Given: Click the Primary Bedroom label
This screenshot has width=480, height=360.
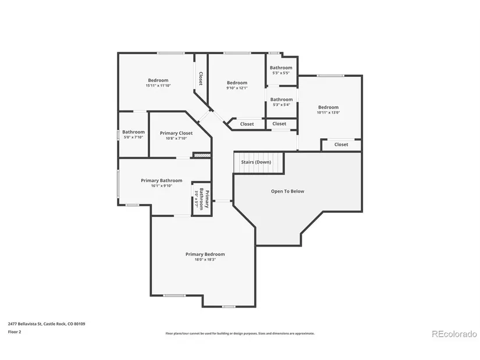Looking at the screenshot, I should click(205, 254).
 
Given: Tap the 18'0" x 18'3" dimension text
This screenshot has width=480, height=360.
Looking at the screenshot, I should click(205, 260).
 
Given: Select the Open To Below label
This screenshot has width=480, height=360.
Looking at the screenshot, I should click(287, 191).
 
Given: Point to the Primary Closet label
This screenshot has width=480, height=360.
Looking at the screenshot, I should click(176, 133).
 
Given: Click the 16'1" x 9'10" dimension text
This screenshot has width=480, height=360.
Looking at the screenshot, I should click(161, 186).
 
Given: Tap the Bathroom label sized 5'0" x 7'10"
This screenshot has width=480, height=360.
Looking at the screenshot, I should click(133, 132).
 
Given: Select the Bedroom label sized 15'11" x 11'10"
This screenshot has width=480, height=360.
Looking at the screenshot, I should click(158, 80).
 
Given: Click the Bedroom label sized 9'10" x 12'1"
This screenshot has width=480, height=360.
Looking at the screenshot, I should click(237, 83).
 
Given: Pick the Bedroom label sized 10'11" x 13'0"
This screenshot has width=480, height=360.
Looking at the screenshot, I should click(328, 107).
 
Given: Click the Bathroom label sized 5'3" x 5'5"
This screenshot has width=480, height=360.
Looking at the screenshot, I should click(281, 68).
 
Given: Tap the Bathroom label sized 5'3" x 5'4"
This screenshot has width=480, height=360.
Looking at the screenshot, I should click(281, 99).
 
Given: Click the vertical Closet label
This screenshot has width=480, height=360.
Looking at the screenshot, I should click(201, 79).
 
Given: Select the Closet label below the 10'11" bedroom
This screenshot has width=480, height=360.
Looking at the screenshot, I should click(341, 144).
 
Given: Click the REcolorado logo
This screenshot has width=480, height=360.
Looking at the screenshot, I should click(454, 334).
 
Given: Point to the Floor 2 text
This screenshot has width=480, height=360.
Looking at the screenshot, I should click(15, 332).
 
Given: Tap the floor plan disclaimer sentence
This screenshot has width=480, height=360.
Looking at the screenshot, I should click(240, 333).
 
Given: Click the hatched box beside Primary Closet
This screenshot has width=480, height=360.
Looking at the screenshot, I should click(201, 155).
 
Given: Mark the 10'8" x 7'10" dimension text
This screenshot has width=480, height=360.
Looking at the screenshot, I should click(176, 138).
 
